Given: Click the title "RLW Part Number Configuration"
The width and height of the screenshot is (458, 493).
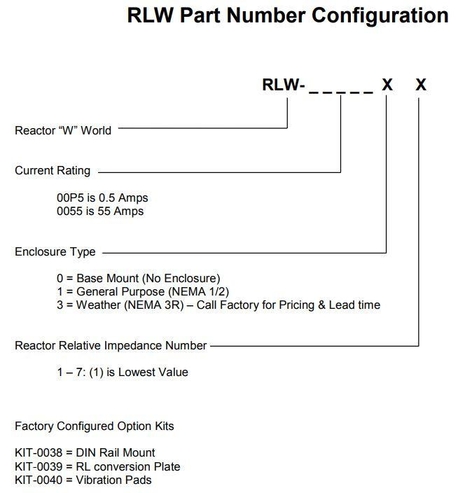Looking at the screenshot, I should coord(287,15).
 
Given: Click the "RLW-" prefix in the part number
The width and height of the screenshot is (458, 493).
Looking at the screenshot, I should coord(283,85).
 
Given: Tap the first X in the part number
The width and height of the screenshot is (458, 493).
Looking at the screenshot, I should coord(387,85).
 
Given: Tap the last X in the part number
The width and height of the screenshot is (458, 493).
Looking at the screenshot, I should coord(420,85).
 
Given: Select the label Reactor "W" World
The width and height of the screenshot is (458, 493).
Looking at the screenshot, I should coord(63,130).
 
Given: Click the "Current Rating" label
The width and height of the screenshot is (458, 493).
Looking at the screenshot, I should coord(53,171).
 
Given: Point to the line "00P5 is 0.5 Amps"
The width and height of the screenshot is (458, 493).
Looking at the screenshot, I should coord(102,198).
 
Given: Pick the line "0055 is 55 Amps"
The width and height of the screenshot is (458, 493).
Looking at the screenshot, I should coord(100,211).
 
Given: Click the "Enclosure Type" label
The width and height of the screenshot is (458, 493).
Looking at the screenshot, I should coord(55,252).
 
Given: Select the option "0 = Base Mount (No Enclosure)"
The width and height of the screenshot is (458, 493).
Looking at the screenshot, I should coord(139,279).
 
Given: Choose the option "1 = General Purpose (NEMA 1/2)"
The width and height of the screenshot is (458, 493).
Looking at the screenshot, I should coord(143,291).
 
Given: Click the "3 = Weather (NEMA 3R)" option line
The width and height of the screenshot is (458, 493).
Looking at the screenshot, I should coord(218,305).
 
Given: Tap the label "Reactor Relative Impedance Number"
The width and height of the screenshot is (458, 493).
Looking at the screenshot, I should coord(111,345).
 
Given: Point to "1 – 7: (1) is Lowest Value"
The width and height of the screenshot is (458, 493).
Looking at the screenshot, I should coord(123,373).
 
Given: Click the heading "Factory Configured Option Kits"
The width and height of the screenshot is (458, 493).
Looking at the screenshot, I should coord(95,426).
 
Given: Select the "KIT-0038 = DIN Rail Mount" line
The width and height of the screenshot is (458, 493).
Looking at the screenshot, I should coord(85,453).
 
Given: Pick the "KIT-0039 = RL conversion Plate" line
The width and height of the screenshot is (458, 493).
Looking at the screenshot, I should coord(97,466).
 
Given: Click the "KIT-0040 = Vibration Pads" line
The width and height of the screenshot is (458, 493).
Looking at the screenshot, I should coord(83,480).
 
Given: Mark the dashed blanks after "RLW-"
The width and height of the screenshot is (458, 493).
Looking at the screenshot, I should coord(341,87).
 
